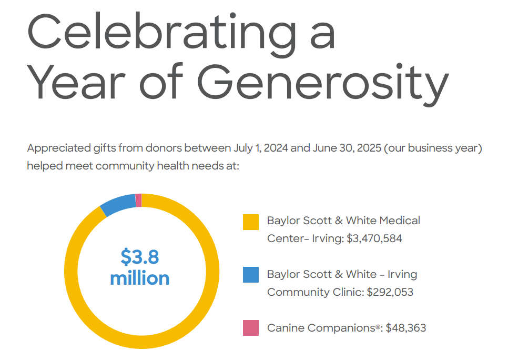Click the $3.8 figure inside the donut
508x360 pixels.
140,257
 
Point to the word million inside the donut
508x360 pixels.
140,278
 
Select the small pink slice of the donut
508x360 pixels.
138,200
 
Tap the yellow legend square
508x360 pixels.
251,222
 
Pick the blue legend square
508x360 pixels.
251,275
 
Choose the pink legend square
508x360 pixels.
251,328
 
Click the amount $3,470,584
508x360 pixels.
374,238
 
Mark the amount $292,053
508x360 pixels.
390,292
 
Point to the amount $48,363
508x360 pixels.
406,328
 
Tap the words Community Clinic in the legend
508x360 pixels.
315,292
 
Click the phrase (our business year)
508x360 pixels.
433,148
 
